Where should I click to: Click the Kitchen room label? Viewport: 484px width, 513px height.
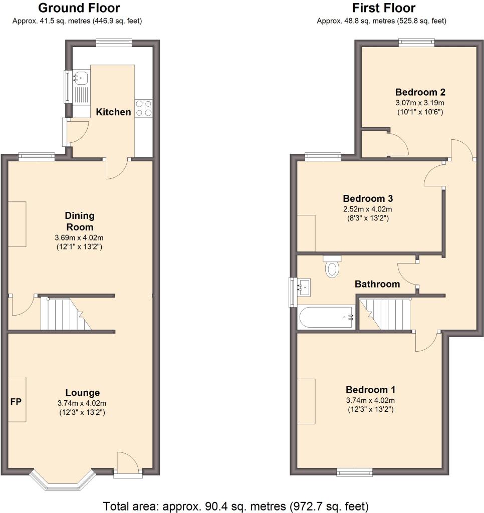pyautogui.click(x=113, y=112)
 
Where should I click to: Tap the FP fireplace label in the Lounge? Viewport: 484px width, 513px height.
pyautogui.click(x=16, y=401)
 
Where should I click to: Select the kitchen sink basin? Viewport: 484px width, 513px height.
pyautogui.click(x=81, y=78)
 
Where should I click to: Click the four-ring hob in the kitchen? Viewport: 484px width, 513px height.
pyautogui.click(x=144, y=108)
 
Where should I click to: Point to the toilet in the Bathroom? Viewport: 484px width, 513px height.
pyautogui.click(x=332, y=267)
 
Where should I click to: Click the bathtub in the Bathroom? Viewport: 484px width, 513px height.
pyautogui.click(x=326, y=317)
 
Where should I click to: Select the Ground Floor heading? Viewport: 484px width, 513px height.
pyautogui.click(x=79, y=8)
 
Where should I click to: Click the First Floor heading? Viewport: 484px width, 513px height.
pyautogui.click(x=383, y=8)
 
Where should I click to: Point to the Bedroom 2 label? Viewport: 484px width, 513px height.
pyautogui.click(x=420, y=92)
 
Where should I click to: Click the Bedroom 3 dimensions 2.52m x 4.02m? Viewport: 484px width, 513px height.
pyautogui.click(x=367, y=209)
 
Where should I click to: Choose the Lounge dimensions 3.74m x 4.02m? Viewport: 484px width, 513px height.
pyautogui.click(x=82, y=403)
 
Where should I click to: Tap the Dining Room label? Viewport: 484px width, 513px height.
pyautogui.click(x=80, y=221)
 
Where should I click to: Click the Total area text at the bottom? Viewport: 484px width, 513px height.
pyautogui.click(x=235, y=506)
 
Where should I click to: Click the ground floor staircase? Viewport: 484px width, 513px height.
pyautogui.click(x=66, y=314)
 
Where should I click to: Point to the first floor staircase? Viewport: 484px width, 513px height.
pyautogui.click(x=385, y=314)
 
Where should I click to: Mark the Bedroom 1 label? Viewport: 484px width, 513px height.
pyautogui.click(x=370, y=390)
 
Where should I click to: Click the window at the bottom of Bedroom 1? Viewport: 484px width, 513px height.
pyautogui.click(x=354, y=471)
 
